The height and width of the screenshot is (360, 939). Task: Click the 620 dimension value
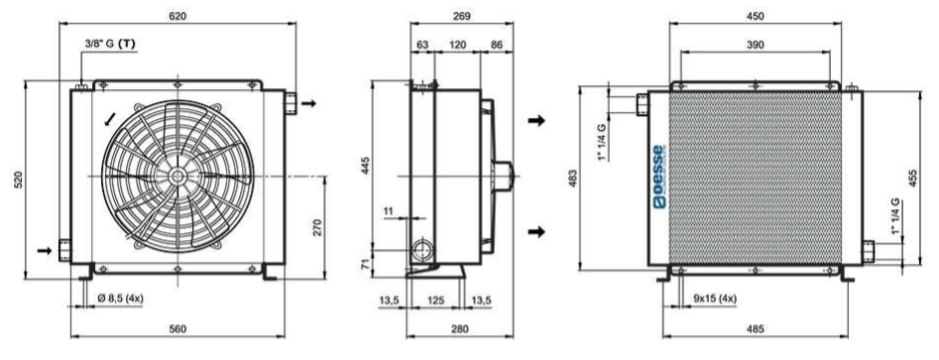tap(177, 16)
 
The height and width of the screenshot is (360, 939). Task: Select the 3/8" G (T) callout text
tap(110, 43)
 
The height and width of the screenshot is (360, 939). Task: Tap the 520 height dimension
tap(18, 180)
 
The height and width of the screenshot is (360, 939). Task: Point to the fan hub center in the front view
tap(176, 176)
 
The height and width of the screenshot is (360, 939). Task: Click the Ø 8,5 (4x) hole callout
tap(120, 299)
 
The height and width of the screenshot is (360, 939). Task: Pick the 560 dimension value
tap(177, 329)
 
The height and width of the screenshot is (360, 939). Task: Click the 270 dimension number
tap(317, 228)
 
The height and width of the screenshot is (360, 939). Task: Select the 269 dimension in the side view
tap(461, 16)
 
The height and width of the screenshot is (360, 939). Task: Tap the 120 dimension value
tap(457, 45)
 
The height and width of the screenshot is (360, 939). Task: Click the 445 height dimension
tap(367, 166)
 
